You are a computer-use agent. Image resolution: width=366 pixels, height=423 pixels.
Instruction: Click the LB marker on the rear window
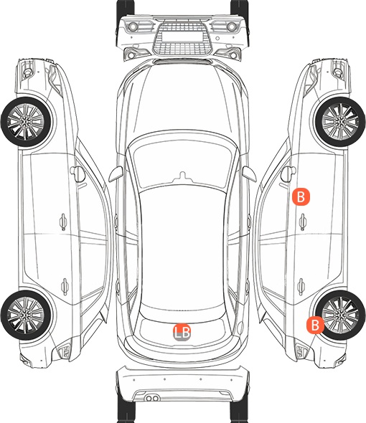(182, 332)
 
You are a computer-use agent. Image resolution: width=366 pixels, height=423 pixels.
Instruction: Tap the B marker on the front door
(301, 197)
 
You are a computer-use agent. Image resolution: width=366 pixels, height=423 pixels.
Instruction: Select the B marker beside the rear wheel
(315, 325)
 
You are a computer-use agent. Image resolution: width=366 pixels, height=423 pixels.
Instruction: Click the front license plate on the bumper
(182, 36)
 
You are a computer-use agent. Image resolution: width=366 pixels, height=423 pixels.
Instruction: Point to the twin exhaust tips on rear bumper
(152, 398)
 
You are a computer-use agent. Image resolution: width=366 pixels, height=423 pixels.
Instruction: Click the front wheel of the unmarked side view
(26, 122)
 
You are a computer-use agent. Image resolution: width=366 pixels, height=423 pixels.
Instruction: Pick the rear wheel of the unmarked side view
(26, 315)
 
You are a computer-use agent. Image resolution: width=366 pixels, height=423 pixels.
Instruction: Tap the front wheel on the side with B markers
(340, 122)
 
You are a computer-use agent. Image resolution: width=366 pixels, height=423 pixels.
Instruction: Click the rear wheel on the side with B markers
(340, 315)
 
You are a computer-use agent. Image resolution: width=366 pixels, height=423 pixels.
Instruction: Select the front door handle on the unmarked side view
(63, 222)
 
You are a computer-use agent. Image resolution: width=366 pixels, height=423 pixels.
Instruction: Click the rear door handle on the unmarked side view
(65, 286)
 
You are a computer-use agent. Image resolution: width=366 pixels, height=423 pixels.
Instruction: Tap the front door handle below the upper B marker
(303, 222)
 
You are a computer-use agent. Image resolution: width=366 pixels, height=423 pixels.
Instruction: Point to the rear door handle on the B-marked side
(301, 286)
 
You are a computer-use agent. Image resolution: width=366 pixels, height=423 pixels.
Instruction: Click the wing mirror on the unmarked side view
(78, 174)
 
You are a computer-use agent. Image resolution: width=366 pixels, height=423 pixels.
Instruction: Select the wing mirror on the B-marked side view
(288, 174)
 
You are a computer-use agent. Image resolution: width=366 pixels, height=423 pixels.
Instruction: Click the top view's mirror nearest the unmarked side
(116, 174)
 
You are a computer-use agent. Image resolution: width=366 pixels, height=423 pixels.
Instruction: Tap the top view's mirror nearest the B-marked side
(249, 174)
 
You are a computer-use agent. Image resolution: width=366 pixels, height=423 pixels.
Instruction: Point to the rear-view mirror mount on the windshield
(182, 176)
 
